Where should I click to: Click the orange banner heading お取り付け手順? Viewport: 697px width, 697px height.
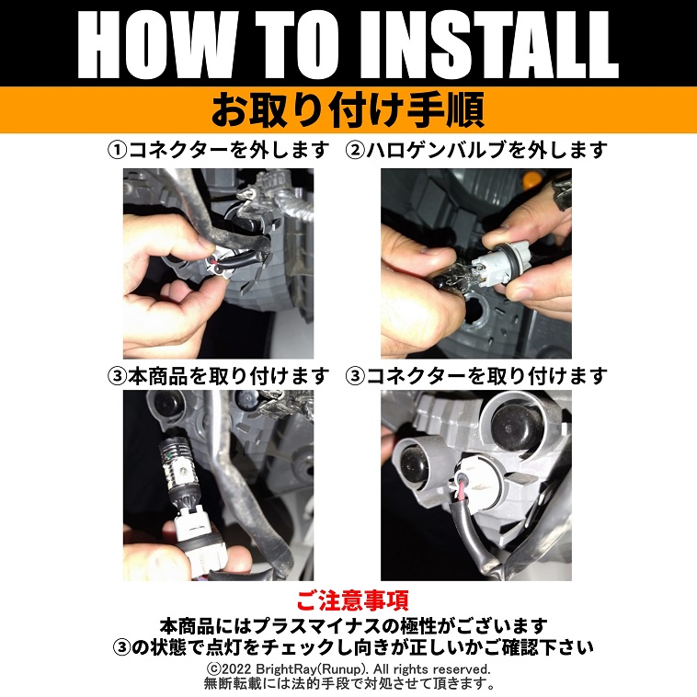[348, 110]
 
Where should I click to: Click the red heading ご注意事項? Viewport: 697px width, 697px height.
[352, 600]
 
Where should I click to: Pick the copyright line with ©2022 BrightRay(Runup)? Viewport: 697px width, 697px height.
[348, 668]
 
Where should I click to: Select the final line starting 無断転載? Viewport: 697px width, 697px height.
[348, 683]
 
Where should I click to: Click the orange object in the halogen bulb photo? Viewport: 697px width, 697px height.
[531, 179]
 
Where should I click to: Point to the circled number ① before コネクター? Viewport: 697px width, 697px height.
[118, 151]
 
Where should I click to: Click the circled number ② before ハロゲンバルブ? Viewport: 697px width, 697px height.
[356, 151]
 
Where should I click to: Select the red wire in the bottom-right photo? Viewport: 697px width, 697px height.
[463, 488]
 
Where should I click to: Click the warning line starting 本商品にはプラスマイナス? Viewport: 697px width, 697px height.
[353, 626]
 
